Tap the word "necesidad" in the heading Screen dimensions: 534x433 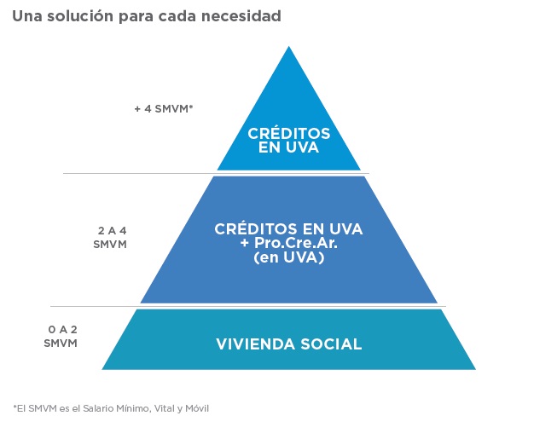(241, 16)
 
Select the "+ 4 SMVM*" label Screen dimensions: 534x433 (164, 109)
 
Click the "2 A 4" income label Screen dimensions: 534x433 (112, 231)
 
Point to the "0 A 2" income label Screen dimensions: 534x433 (62, 330)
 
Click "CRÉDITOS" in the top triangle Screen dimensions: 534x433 (289, 134)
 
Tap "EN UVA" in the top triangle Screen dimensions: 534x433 (288, 147)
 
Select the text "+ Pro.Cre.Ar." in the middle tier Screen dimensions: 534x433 (289, 243)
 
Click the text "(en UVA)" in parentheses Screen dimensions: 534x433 (289, 257)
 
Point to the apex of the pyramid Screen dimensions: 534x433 (289, 47)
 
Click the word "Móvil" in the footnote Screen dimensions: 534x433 (197, 408)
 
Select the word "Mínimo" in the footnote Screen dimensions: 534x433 (133, 408)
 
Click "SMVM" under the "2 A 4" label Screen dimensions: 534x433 (110, 245)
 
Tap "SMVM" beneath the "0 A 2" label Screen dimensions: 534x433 (61, 344)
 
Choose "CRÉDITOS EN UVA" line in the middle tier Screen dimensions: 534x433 (289, 229)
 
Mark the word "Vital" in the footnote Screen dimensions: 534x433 (164, 408)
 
